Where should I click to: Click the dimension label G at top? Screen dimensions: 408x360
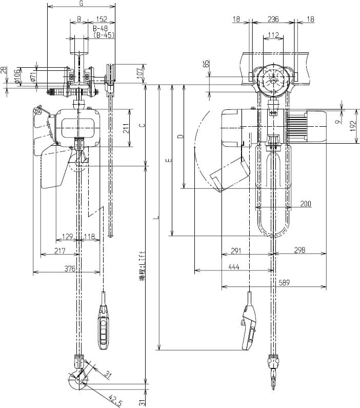pos(81,3)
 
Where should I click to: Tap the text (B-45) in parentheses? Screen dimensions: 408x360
pos(104,35)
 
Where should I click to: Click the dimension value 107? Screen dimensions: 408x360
pos(140,73)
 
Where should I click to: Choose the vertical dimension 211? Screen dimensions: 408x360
pos(126,128)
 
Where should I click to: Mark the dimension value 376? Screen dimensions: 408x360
pos(70,268)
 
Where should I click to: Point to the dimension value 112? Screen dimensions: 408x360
pos(273,35)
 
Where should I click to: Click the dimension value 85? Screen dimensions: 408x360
pos(206,65)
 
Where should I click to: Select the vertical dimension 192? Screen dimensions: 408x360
pos(354,126)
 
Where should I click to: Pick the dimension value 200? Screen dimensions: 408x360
pos(306,204)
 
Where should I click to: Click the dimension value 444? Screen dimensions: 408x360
pos(233,267)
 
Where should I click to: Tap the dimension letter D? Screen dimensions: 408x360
pos(179,137)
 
